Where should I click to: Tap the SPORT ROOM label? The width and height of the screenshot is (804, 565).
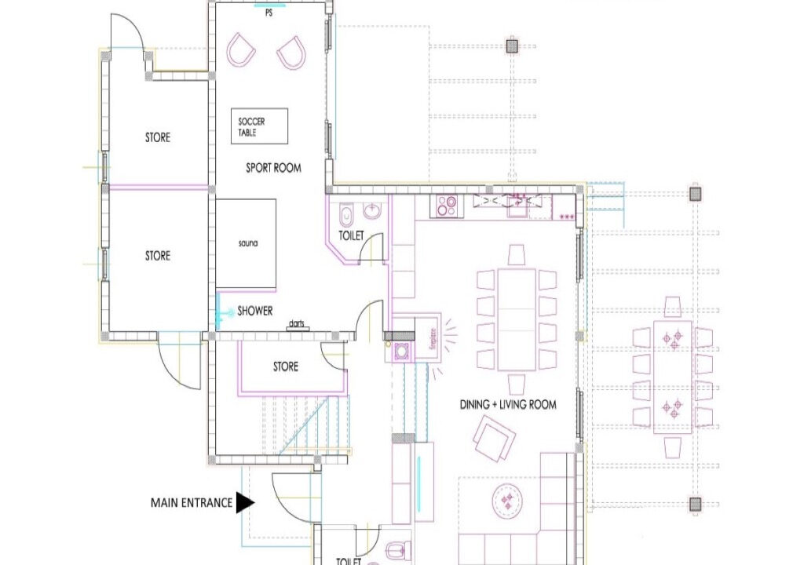coord(273,168)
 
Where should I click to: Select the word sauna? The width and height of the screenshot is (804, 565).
coord(248,244)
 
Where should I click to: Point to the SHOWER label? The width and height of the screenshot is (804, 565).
coord(255,311)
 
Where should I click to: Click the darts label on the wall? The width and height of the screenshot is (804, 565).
coord(297,323)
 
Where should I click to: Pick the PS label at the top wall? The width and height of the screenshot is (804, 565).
coord(270,13)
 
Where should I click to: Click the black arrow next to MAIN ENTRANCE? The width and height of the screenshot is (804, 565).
coord(245,503)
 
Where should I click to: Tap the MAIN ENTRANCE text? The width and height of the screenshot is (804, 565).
coord(192,503)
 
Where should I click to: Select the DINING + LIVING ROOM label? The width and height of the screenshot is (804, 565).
coord(508,405)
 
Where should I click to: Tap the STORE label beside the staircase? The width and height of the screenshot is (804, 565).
coord(286,366)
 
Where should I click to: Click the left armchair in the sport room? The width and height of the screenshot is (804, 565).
coord(241,49)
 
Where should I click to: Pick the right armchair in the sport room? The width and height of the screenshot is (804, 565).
coord(292,51)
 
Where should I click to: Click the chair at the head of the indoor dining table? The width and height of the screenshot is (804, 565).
coord(517,255)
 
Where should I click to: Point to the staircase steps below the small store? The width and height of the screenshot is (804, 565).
coord(302,428)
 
